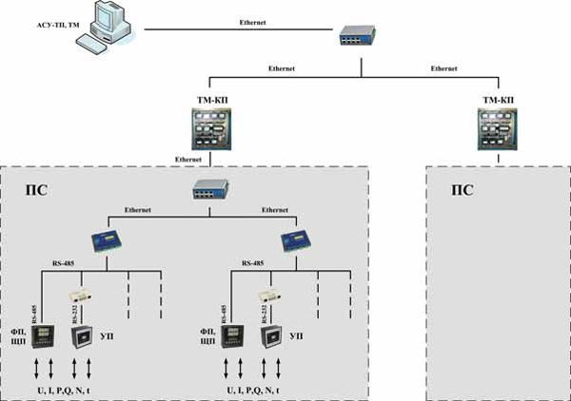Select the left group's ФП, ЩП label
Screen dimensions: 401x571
[18, 334]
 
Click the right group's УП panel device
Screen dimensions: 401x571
[271, 337]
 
